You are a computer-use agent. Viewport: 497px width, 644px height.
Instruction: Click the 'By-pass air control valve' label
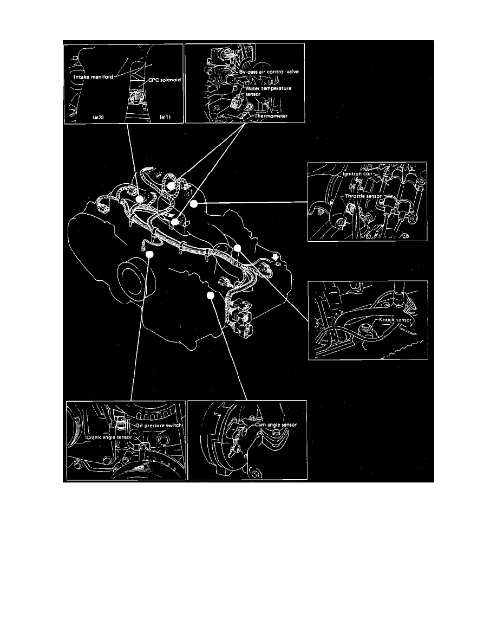coord(270,72)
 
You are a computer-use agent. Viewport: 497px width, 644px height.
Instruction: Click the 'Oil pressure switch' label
coord(154,426)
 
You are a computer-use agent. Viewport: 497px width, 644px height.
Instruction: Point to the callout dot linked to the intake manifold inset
coord(139,199)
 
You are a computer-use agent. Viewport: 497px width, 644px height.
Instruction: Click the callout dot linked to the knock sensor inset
coord(237,248)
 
